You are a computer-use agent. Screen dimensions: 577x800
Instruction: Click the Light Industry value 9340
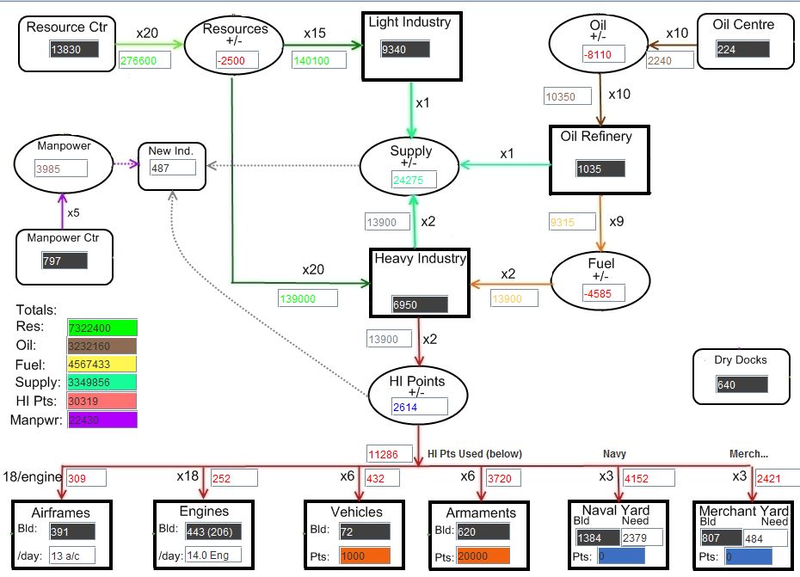click(404, 49)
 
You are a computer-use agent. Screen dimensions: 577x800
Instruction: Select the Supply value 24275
click(412, 180)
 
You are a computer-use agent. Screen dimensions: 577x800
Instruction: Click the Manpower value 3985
click(63, 169)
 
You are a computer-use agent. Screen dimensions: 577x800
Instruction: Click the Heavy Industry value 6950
click(419, 304)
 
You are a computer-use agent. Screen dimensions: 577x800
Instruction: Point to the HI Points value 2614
click(420, 408)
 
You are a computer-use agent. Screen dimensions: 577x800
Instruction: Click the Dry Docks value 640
click(739, 384)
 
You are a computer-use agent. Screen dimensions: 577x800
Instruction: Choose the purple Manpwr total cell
click(102, 420)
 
